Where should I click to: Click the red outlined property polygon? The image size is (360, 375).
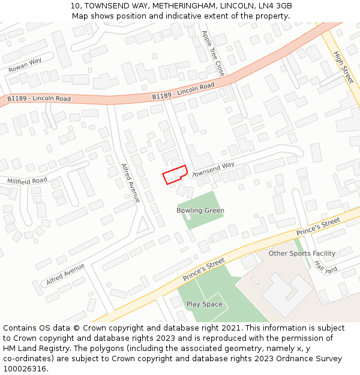click(x=175, y=175)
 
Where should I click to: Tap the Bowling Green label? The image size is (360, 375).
click(x=200, y=211)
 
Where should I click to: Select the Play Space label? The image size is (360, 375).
click(x=204, y=304)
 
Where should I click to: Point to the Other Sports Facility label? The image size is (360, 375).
click(x=302, y=253)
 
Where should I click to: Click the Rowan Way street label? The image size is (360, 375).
click(x=25, y=65)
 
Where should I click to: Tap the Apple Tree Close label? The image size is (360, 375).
click(x=213, y=53)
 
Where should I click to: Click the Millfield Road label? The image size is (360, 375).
click(x=27, y=181)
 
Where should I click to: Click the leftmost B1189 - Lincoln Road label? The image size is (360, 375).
click(x=39, y=98)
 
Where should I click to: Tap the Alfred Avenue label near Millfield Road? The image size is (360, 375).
click(x=130, y=182)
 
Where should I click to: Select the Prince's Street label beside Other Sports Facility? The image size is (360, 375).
click(x=319, y=227)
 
